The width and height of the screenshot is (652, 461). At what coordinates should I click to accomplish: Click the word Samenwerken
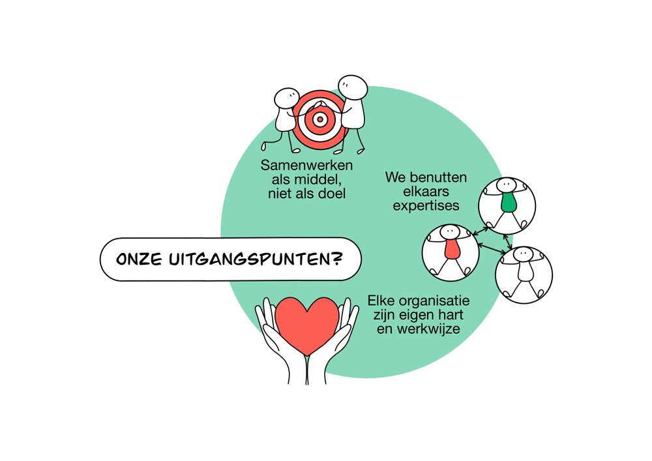(306, 166)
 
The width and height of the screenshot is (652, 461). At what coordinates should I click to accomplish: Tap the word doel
(332, 194)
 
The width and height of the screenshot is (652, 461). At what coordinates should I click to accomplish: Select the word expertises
(426, 206)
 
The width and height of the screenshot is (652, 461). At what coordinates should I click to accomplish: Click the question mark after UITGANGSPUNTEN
(337, 259)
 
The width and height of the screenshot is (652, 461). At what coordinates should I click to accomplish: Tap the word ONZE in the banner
(139, 260)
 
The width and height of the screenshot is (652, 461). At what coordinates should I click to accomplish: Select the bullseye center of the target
(319, 120)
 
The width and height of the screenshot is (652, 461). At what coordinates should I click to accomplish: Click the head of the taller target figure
(353, 88)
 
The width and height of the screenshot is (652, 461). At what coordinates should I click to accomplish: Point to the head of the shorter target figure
(287, 98)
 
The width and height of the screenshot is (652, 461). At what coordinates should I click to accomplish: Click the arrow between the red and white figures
(492, 248)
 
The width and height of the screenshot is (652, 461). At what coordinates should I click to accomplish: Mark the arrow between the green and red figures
(481, 231)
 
